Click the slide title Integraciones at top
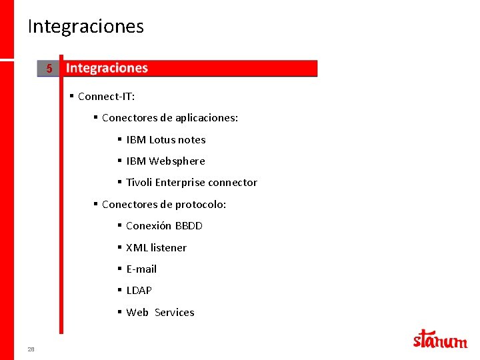tap(85, 27)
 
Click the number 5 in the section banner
tap(49, 69)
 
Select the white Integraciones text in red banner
tap(107, 68)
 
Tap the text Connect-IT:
tap(106, 97)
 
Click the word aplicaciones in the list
tap(207, 118)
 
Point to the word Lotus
tap(162, 140)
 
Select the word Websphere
tap(177, 161)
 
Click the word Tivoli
tap(139, 183)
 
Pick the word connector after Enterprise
tap(233, 183)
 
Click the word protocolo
tap(201, 205)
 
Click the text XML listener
tap(156, 248)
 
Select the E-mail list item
tap(141, 269)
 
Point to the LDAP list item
tap(139, 291)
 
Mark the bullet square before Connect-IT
tap(71, 96)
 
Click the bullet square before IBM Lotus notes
tap(119, 139)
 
